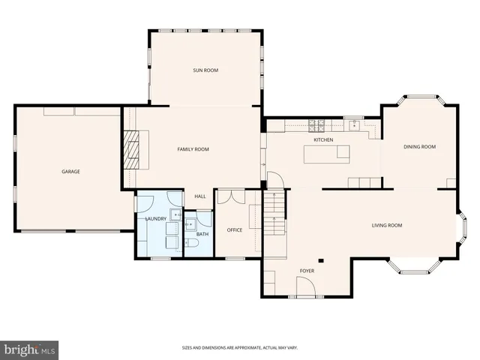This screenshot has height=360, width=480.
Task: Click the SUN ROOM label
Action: coord(205,70)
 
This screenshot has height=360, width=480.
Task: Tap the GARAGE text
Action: coord(70,172)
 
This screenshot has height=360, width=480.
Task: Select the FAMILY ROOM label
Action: coord(193,149)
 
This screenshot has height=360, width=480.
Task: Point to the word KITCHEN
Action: coord(323,140)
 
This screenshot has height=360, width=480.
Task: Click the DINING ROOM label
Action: coord(418,147)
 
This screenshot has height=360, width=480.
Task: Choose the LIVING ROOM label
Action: coord(387,225)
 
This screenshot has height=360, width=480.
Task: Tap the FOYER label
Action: coord(307,270)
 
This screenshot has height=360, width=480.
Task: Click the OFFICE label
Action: coord(235,230)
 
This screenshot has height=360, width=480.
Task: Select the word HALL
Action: coord(200,196)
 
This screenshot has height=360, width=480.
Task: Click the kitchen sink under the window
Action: coord(352,124)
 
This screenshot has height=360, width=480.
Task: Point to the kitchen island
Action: coord(326,154)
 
